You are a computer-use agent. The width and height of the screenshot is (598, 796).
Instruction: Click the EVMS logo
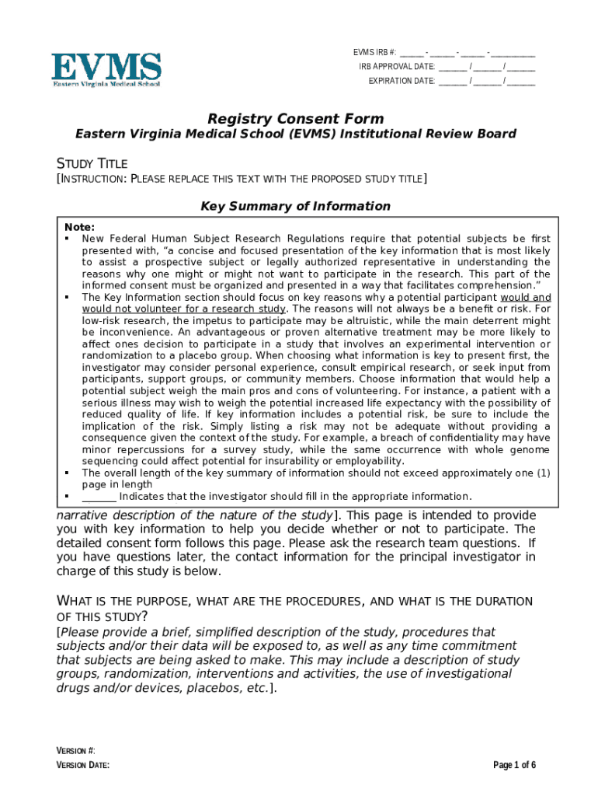pos(106,70)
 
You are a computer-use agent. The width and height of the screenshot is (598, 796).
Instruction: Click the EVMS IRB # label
pos(374,53)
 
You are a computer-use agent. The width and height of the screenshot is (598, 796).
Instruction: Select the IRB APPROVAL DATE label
pos(396,67)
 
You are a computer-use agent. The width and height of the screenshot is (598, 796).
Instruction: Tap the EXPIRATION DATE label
pos(401,81)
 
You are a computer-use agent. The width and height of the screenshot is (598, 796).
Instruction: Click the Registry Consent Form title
pos(295,119)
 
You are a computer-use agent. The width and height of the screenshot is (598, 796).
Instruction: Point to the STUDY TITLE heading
pos(92,163)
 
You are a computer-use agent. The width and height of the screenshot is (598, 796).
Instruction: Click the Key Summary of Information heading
pos(295,206)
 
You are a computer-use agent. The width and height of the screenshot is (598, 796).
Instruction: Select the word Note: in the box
pos(79,227)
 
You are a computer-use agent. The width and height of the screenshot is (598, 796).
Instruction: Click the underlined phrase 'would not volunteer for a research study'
pos(185,309)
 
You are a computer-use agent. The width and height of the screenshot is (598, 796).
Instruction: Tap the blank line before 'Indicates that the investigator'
pos(99,497)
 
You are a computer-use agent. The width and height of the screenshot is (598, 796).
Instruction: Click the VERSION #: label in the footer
pos(75,750)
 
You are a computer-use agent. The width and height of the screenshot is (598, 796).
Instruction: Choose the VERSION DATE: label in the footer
pos(82,765)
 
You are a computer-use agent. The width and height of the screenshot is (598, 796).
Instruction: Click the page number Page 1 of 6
pos(514,765)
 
